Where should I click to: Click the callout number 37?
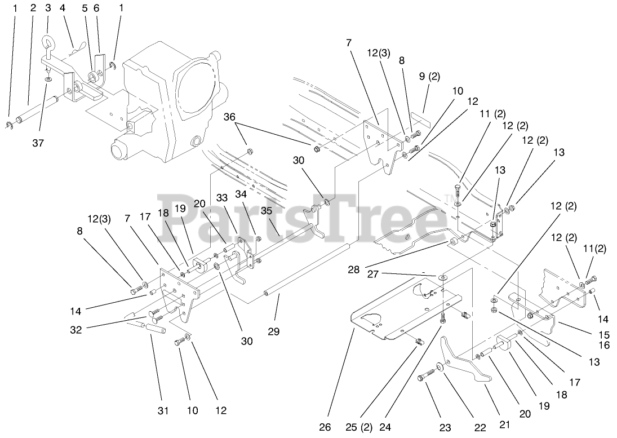37,143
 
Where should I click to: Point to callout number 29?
273,331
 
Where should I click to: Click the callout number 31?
162,411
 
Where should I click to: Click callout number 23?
445,427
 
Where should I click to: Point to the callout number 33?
222,198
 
